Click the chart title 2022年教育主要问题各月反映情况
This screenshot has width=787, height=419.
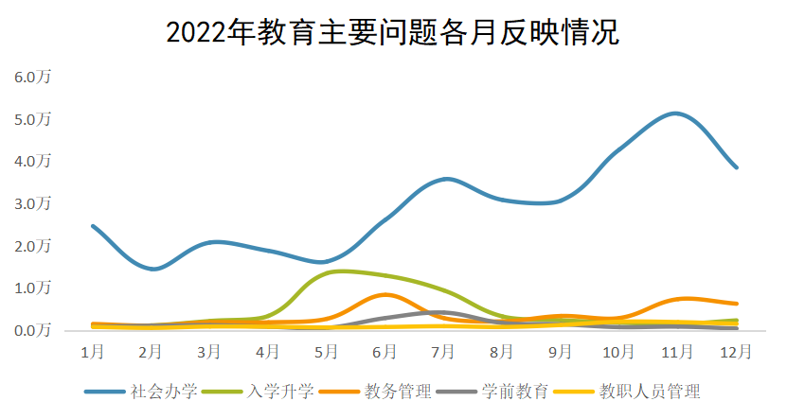392,32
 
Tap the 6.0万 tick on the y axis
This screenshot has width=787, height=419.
31,77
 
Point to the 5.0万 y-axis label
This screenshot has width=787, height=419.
31,119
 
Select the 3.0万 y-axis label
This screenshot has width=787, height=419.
31,203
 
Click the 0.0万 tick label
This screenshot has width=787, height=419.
31,330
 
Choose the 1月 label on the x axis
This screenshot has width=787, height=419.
92,352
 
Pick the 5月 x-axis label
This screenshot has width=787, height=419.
326,352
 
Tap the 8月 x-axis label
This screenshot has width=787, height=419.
502,352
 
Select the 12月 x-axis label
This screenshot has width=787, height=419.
735,352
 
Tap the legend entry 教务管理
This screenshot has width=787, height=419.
397,391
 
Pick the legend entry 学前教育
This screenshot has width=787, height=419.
513,391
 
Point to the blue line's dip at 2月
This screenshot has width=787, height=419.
152,269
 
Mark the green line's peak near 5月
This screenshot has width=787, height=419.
339,271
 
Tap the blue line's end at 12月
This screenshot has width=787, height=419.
736,167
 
